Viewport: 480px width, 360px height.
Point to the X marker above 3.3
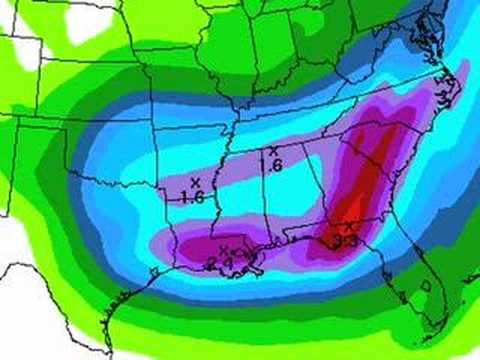[348, 227]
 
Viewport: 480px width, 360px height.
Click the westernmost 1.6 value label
[192, 198]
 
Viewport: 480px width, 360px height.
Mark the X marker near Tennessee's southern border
[272, 151]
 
